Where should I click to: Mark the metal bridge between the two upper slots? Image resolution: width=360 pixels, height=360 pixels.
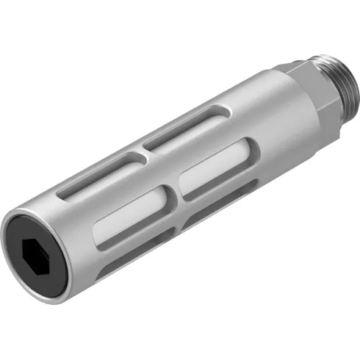coord(140,151)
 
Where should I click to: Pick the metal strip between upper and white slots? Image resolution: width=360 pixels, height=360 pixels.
coord(147,173)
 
